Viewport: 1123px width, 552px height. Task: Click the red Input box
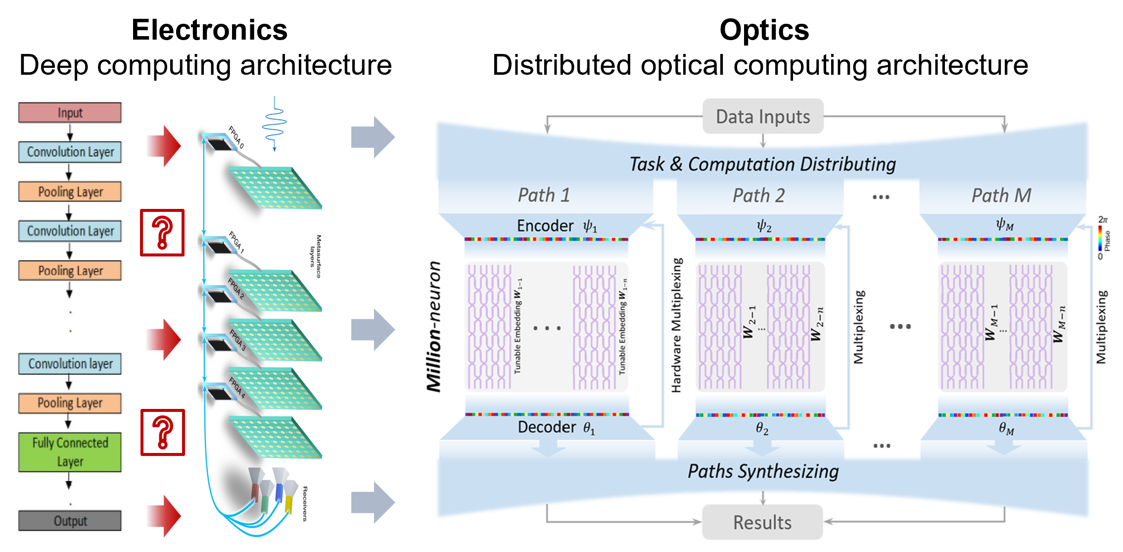tap(70, 112)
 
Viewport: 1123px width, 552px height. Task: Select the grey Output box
tap(70, 520)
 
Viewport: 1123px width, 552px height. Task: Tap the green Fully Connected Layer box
tap(70, 452)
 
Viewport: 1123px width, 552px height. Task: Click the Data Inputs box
tap(763, 116)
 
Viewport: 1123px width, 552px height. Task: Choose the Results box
tap(762, 522)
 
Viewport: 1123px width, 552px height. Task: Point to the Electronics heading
tap(209, 30)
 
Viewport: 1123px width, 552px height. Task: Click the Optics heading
tap(764, 30)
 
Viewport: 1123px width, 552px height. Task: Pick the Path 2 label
tap(758, 196)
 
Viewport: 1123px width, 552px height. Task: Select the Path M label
tap(1001, 196)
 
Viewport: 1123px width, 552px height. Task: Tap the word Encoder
tap(545, 226)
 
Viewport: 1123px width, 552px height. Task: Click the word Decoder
tap(547, 427)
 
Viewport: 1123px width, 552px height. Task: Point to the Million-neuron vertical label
tap(434, 327)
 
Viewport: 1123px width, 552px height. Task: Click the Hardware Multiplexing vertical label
tap(676, 325)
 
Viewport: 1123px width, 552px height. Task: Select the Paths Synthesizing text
tap(763, 471)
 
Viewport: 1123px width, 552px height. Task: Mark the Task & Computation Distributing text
tap(762, 164)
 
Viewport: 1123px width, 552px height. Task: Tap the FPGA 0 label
tap(236, 137)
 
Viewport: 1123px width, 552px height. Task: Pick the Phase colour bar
tap(1099, 238)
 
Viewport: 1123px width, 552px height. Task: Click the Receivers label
tap(305, 503)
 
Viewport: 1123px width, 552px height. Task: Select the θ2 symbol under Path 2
tap(762, 428)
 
